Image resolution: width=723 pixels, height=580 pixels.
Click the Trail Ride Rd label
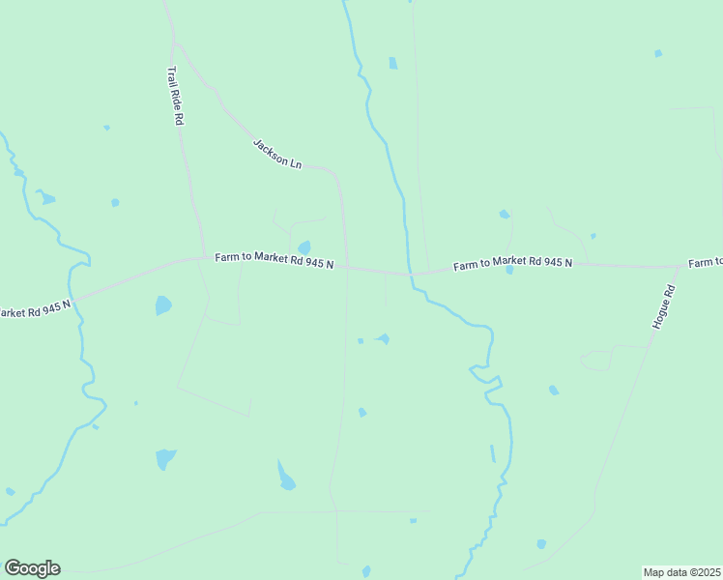[176, 96]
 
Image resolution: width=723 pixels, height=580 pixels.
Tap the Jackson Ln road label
[277, 154]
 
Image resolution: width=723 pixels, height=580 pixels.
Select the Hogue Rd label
[662, 307]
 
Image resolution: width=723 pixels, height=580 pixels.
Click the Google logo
[32, 568]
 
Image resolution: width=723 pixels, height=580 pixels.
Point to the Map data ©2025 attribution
[681, 572]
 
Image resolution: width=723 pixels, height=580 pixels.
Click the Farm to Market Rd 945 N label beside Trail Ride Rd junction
[275, 260]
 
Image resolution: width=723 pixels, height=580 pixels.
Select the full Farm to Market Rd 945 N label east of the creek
[513, 263]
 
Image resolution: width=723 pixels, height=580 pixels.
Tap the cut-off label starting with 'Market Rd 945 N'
[35, 310]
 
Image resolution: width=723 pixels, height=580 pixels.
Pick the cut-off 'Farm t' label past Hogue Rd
[706, 263]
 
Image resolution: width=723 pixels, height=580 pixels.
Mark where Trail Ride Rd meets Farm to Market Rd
[204, 256]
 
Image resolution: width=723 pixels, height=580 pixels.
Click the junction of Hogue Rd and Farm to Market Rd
[679, 266]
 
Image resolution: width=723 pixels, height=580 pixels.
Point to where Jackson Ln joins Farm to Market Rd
[348, 268]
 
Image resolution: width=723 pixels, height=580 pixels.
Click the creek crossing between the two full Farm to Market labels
[412, 274]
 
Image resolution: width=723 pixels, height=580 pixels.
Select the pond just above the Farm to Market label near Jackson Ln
[304, 247]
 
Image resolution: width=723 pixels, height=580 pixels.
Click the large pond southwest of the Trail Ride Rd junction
[163, 305]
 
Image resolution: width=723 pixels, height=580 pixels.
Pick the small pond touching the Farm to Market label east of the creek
[509, 271]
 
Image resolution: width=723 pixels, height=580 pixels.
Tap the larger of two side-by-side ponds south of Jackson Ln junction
[383, 338]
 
